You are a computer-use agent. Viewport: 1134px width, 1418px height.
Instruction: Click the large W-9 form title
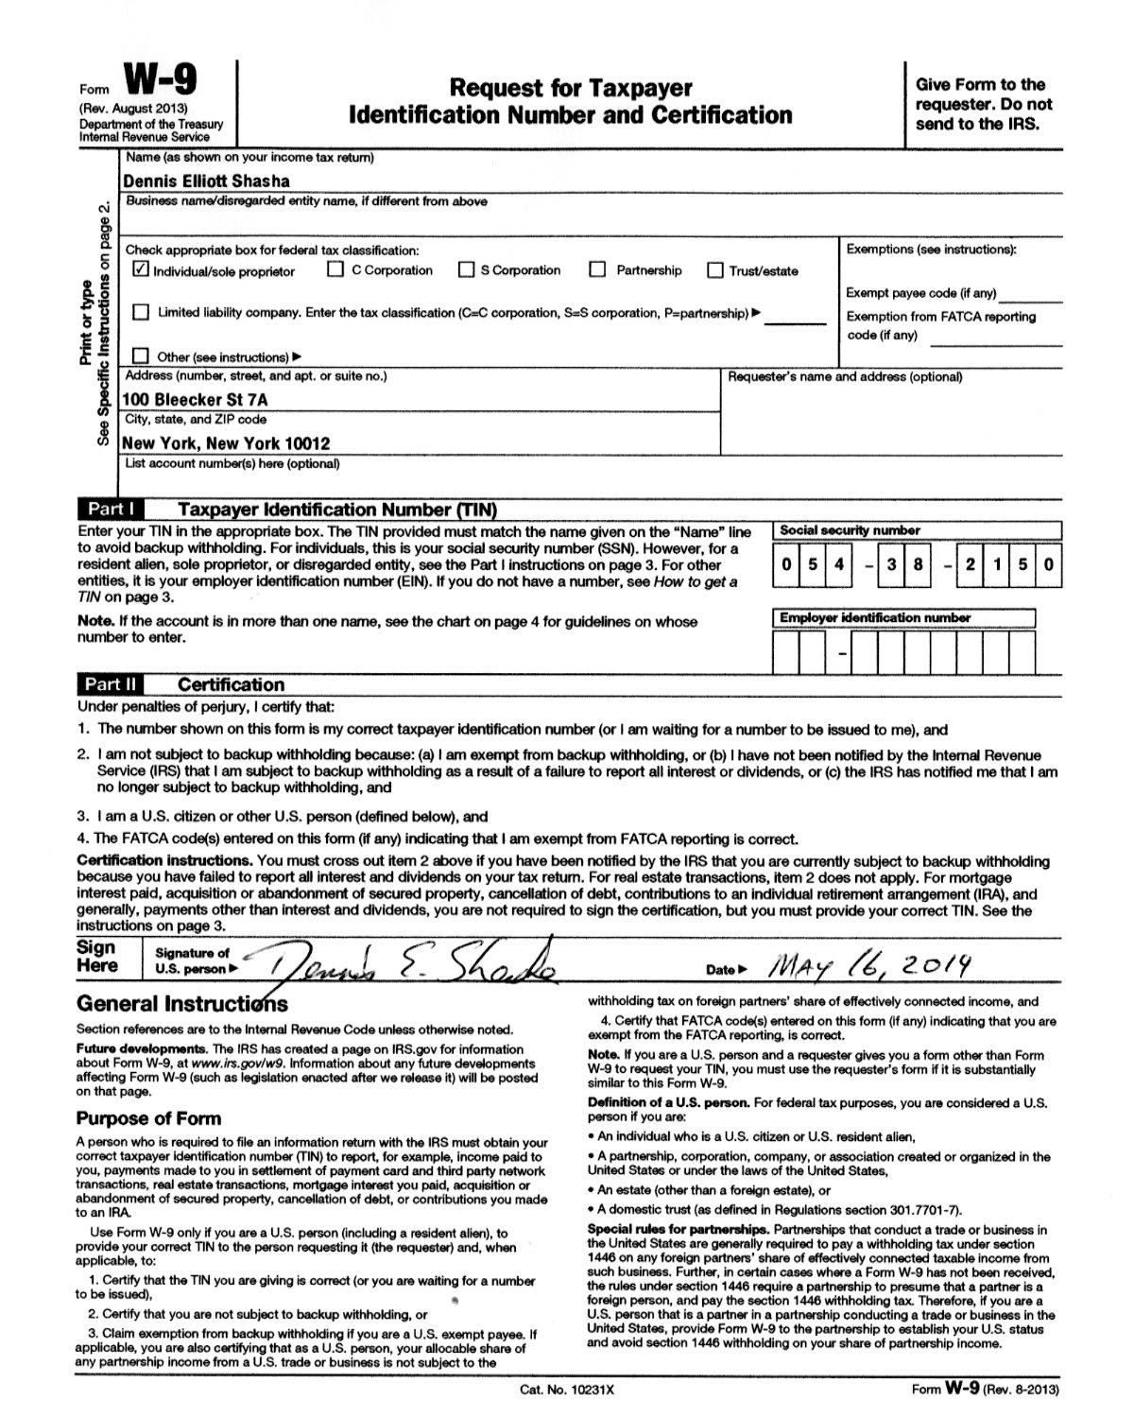163,81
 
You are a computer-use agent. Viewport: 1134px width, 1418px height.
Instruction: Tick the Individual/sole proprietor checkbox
141,270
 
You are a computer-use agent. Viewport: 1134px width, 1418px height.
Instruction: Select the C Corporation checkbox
335,270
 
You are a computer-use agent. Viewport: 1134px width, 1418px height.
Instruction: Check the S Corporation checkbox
466,270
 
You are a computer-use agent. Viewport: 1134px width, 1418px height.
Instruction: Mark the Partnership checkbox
597,270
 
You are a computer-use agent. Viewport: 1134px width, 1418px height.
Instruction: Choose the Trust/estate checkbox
715,271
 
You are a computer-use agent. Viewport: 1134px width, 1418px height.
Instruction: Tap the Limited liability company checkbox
141,312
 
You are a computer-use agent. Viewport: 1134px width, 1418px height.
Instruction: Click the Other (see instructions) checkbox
141,356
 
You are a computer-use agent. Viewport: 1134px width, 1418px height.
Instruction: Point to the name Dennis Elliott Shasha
206,181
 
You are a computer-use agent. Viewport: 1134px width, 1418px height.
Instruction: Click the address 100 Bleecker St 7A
196,399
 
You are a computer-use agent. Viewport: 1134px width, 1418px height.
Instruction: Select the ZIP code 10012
308,442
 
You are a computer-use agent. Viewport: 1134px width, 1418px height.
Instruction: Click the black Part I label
112,510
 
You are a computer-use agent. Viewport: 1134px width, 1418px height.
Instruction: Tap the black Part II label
112,684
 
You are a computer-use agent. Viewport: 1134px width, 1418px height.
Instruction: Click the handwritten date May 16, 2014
870,965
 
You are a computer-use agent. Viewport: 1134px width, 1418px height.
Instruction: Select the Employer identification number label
874,618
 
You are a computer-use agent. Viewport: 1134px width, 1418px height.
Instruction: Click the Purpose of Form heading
148,1118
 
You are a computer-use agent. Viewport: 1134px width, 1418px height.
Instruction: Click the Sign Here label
97,957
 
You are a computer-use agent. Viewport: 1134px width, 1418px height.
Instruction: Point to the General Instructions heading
181,1003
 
